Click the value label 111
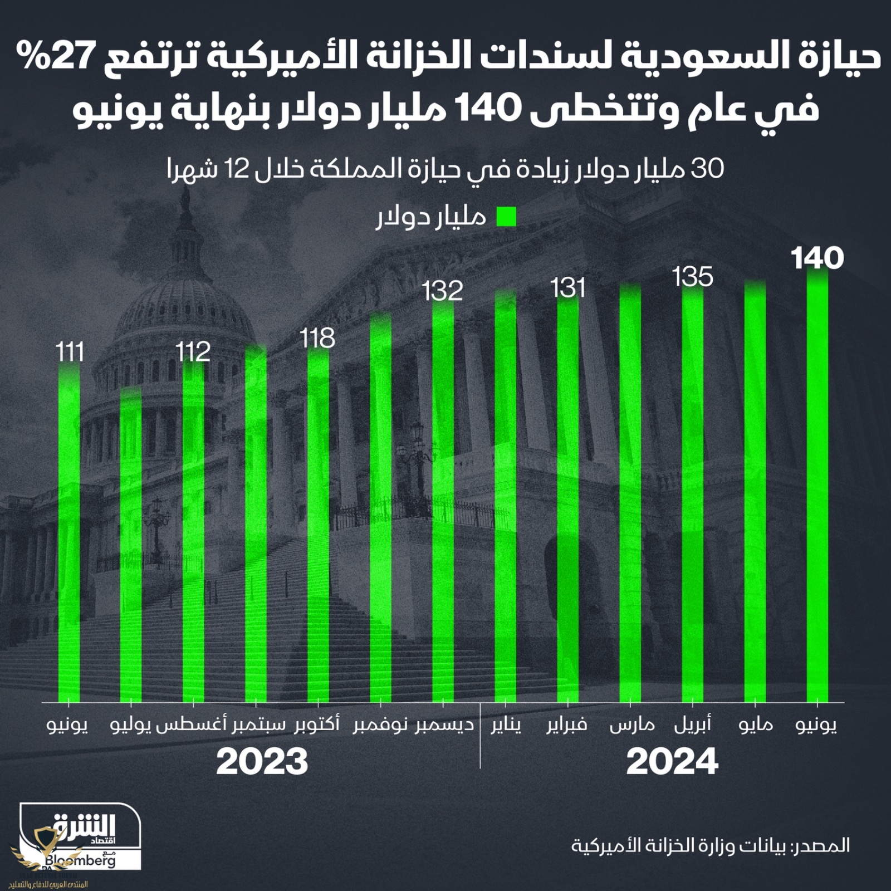[70, 352]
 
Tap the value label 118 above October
[317, 338]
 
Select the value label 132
[442, 291]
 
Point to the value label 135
[692, 277]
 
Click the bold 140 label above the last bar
[817, 259]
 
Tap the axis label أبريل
[692, 725]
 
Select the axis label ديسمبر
[444, 725]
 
